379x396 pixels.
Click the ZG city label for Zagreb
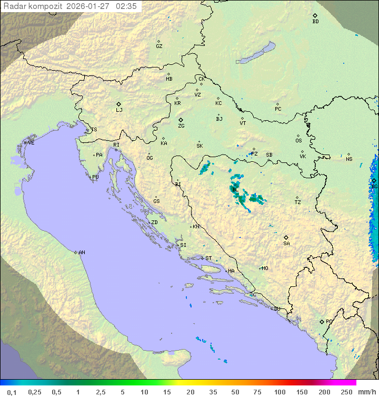181,126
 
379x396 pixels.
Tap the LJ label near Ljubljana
119,110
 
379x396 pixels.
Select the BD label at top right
315,22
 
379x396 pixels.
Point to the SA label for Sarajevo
286,244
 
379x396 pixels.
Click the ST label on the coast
208,258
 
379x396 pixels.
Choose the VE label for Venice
31,143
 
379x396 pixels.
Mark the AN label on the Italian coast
82,253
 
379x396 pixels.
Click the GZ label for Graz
159,46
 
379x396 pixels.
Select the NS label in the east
349,159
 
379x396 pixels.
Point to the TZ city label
297,202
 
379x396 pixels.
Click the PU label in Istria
95,177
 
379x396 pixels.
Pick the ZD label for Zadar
154,223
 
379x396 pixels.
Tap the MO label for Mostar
265,268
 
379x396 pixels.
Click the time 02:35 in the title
126,6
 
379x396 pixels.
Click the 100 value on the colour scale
280,392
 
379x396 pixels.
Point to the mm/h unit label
365,392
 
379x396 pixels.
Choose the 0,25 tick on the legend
35,392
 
